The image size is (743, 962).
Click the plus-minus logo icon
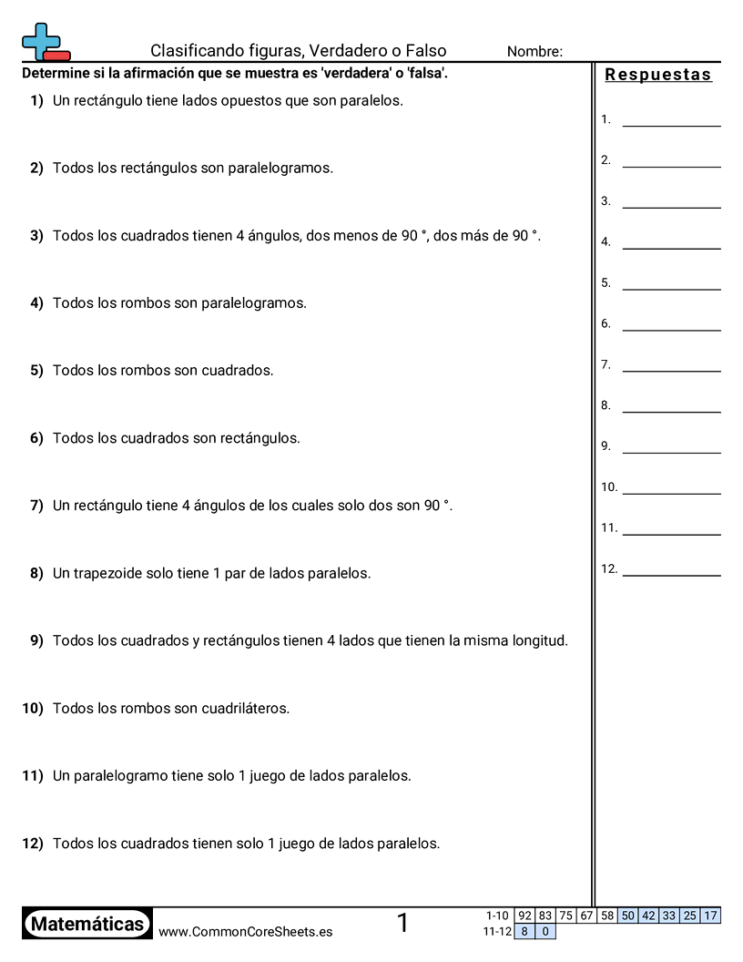click(45, 42)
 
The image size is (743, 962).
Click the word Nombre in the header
click(534, 52)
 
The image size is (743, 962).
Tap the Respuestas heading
click(658, 76)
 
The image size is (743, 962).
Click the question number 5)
click(36, 371)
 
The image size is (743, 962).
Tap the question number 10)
click(33, 708)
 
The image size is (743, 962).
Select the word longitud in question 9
click(538, 640)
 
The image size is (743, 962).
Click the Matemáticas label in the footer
click(87, 924)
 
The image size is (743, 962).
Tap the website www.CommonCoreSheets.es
click(245, 932)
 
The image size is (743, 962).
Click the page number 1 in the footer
click(402, 924)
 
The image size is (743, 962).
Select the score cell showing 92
click(524, 916)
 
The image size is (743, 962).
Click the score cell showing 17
click(711, 916)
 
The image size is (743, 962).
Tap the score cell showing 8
click(524, 931)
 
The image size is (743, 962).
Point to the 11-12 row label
click(496, 931)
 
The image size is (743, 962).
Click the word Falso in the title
click(425, 51)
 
